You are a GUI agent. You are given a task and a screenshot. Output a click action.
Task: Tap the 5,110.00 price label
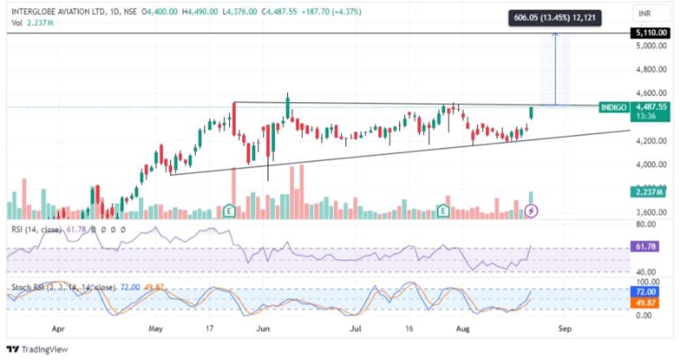tap(651, 33)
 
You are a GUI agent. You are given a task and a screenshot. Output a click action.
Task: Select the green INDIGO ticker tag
tap(613, 107)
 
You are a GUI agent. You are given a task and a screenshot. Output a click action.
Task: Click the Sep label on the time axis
tap(565, 329)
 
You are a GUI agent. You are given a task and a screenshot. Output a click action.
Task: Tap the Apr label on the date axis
tap(59, 329)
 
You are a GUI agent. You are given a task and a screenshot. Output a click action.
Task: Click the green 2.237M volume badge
tap(649, 192)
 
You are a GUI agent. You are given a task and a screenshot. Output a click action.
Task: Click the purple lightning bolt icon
tap(532, 211)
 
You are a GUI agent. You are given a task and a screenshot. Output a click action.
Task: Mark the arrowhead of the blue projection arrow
tap(555, 35)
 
